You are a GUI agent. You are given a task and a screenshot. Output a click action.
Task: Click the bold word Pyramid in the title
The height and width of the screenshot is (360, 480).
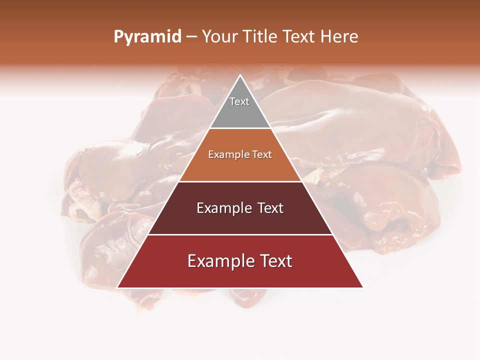(x=147, y=37)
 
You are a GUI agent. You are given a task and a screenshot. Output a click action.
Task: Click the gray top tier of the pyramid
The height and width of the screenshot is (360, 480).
(x=240, y=112)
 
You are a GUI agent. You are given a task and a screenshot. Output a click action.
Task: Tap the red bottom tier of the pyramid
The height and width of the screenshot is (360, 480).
(x=240, y=275)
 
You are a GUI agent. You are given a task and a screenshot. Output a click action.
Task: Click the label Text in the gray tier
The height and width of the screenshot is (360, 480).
(x=239, y=101)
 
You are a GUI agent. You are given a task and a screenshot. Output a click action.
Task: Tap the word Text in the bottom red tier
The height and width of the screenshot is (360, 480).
(x=274, y=261)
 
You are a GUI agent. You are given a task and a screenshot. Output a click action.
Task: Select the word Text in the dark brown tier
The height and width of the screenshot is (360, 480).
(x=268, y=208)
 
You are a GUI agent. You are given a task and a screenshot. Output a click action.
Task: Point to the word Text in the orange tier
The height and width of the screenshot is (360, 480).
(x=262, y=155)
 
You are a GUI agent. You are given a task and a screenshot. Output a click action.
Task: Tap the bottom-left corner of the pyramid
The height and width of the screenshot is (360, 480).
(x=117, y=287)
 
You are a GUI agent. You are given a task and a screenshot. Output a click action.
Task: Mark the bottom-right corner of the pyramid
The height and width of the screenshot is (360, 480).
(x=362, y=287)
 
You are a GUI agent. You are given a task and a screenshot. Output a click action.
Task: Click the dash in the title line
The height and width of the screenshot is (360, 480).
(x=191, y=37)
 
